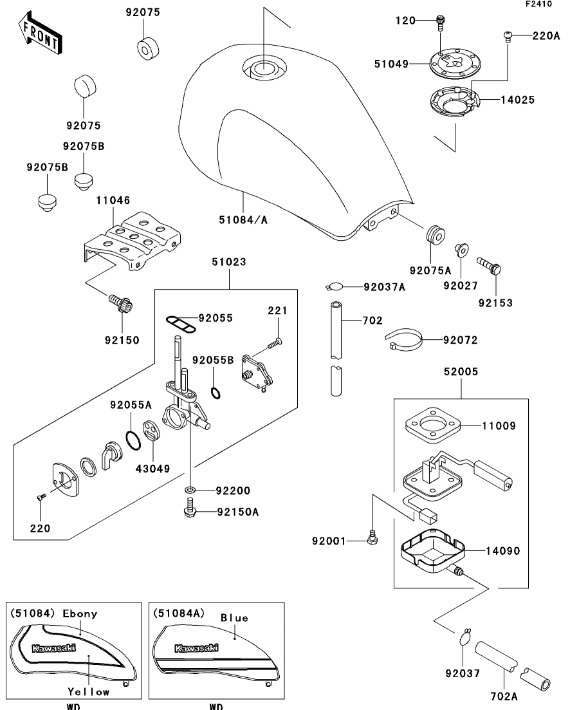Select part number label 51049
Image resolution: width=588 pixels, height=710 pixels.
coord(391,64)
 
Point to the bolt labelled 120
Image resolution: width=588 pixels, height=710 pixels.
coord(441,23)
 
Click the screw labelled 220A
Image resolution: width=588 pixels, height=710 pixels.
coord(508,36)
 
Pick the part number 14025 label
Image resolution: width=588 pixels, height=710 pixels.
coord(517,100)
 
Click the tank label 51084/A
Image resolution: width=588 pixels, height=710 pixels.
coord(243,220)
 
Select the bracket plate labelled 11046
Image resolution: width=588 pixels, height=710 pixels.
coord(132,241)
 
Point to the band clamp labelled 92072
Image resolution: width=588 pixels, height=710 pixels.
coord(403,340)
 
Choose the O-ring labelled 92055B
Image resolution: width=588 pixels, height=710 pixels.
coord(216,392)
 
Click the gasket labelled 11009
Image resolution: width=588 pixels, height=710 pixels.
coord(433,425)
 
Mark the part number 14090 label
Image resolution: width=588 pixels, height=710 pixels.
coord(503,551)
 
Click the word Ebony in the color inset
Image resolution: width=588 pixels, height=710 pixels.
coord(80,614)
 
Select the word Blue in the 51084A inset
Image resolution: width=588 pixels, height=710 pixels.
coord(234,618)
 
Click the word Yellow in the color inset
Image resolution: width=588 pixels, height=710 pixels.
coord(89,692)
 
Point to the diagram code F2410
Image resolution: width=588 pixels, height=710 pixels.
coord(538,4)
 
